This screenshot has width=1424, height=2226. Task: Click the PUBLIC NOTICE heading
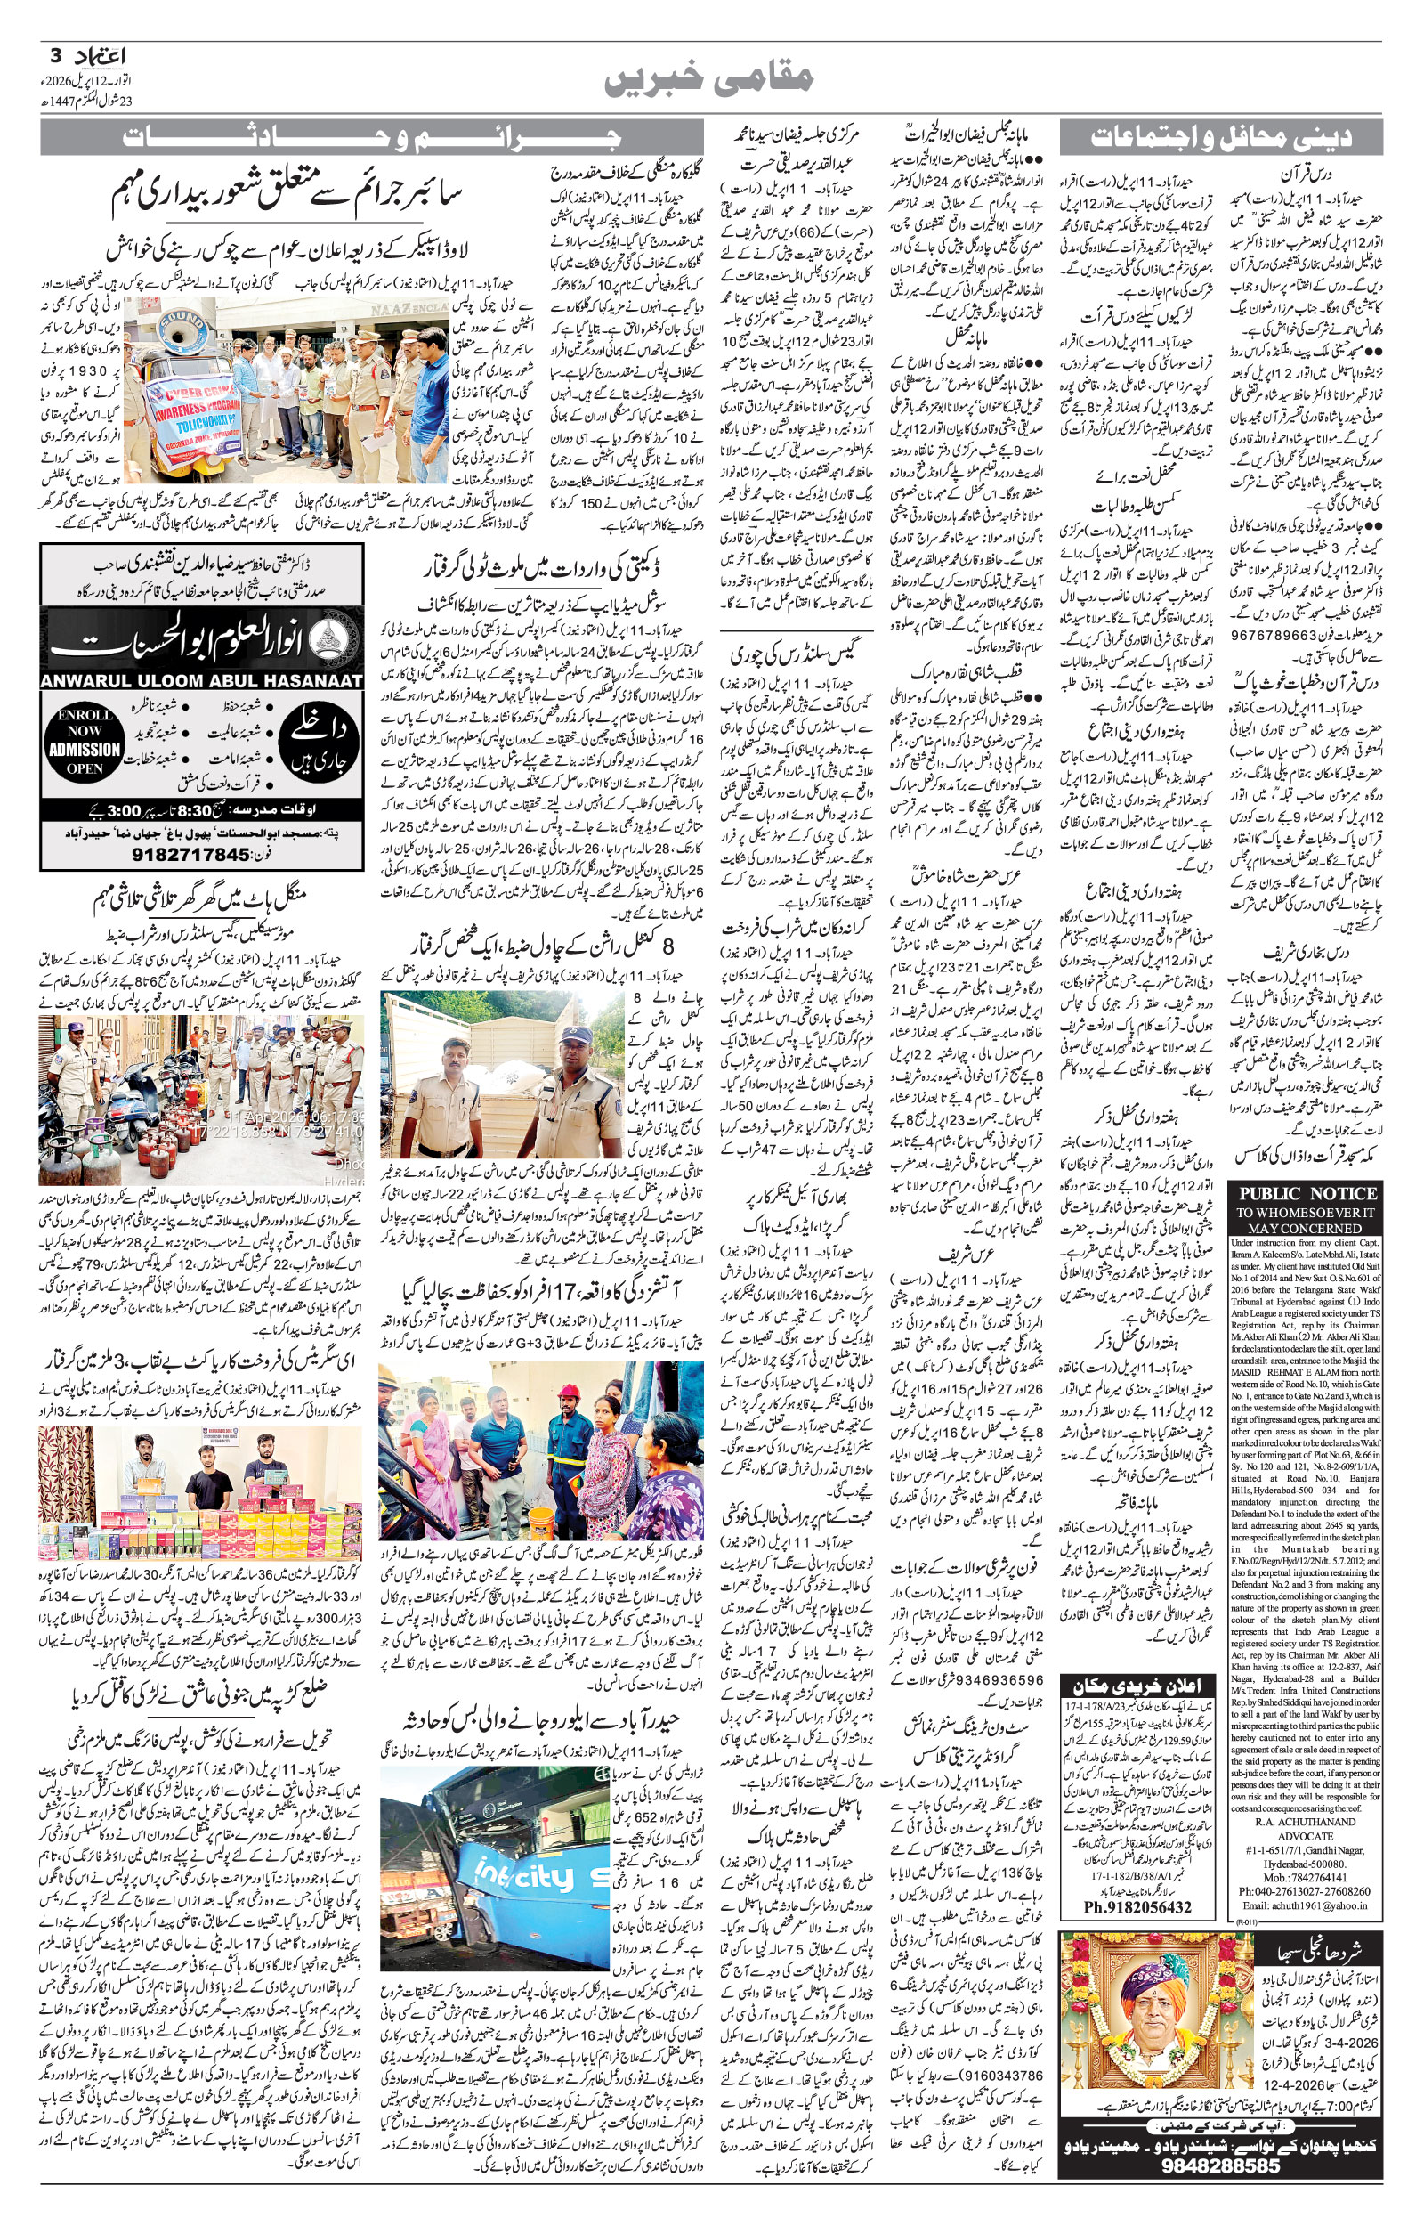point(1307,1194)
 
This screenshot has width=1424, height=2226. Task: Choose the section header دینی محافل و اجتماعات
point(1220,139)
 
